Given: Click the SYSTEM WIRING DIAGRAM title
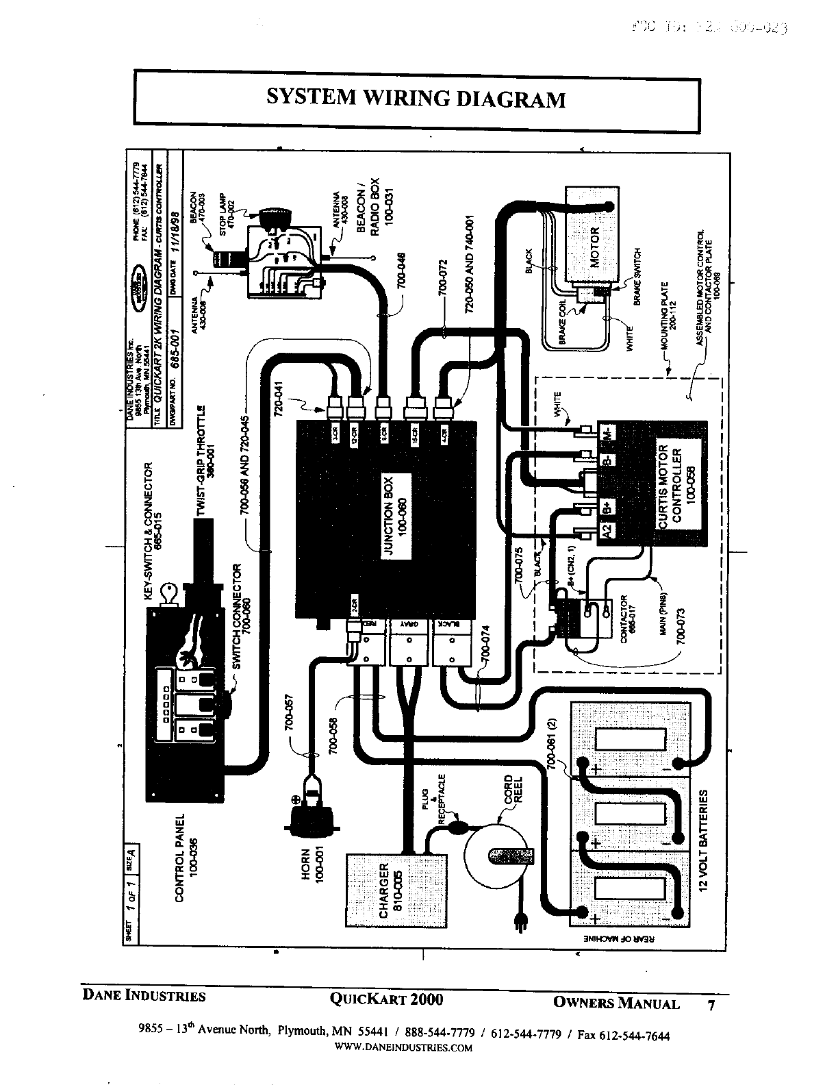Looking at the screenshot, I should click(x=416, y=99).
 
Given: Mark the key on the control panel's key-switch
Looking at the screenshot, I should click(x=168, y=594).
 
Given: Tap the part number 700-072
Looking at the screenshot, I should click(x=443, y=279).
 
